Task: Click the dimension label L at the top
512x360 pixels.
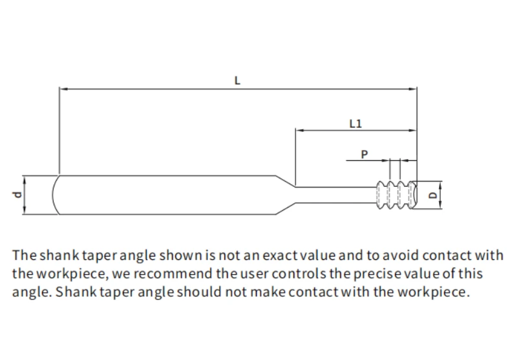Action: click(237, 80)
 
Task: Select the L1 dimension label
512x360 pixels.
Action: click(356, 123)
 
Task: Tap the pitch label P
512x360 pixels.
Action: click(365, 154)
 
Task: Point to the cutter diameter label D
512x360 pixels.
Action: click(432, 195)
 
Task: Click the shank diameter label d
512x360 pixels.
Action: click(17, 195)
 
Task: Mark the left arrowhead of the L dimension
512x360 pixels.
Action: click(63, 89)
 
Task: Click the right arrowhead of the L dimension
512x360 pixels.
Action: click(412, 89)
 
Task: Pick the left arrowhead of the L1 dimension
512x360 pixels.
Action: click(300, 130)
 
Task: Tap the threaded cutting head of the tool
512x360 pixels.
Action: click(396, 195)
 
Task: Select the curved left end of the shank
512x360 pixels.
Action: click(56, 195)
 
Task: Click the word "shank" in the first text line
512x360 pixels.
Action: click(59, 255)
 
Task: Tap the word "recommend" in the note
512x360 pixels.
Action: click(173, 273)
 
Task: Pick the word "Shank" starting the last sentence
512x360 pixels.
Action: click(76, 291)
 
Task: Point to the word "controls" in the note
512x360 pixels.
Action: click(299, 273)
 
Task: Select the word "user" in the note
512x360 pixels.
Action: click(254, 274)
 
